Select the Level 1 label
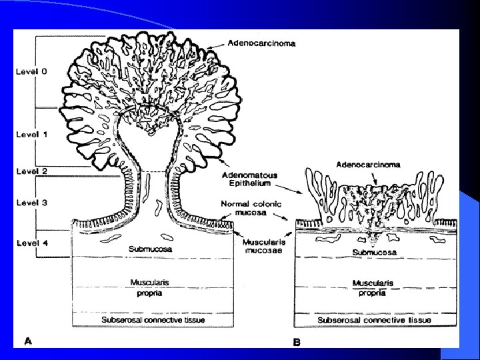tap(31, 134)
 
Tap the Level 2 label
tap(31, 171)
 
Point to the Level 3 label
tap(31, 203)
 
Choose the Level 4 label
tap(31, 243)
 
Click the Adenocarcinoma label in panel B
tap(369, 164)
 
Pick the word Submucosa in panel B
tap(374, 253)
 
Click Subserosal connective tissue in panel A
tap(153, 320)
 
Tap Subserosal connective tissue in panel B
tap(374, 320)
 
